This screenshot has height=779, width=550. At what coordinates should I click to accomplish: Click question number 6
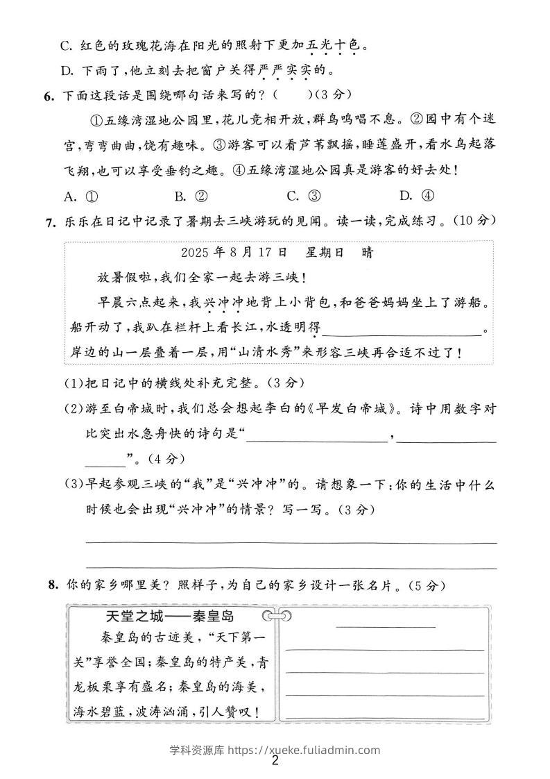(x=48, y=96)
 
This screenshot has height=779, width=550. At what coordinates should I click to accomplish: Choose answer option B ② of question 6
(x=191, y=196)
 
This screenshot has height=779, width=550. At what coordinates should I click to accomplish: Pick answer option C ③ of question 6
(x=303, y=196)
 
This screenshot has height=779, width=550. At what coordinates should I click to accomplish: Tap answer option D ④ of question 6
(x=415, y=196)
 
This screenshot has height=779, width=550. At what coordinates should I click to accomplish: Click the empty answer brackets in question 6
(x=290, y=95)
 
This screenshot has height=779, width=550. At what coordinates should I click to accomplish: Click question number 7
(x=48, y=221)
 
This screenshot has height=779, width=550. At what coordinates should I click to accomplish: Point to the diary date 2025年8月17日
(x=234, y=253)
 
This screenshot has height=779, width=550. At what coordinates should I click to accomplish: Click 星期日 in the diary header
(x=324, y=253)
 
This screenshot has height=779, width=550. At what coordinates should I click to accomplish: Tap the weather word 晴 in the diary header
(x=368, y=253)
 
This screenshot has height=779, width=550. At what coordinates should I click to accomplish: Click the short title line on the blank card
(x=385, y=626)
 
